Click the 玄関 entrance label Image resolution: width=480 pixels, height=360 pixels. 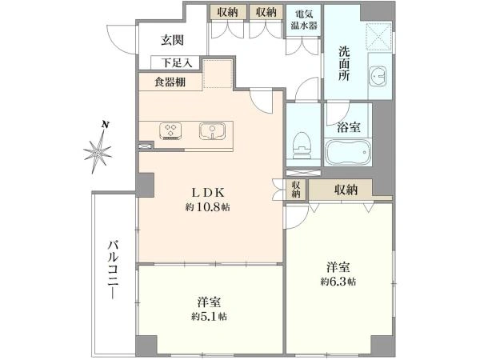[172, 40]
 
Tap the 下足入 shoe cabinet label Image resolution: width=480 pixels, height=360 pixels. [177, 63]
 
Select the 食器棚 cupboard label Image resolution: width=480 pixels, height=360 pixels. [170, 82]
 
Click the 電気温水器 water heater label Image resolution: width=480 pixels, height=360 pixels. [304, 20]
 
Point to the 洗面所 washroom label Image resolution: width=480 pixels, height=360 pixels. [344, 63]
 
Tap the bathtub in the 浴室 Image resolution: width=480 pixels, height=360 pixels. [348, 152]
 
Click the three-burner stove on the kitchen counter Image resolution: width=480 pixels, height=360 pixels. [170, 131]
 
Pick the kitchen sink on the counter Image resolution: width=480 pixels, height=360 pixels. [212, 131]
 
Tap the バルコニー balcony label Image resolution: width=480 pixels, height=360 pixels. [113, 270]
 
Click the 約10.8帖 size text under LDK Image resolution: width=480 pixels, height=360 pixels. [207, 207]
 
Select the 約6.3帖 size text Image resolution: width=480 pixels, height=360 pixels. [338, 282]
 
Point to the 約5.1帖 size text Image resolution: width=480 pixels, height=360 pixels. [209, 316]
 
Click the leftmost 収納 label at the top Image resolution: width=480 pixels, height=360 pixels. [227, 12]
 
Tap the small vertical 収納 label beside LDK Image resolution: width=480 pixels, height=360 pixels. [296, 190]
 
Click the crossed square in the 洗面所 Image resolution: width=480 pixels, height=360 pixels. [378, 36]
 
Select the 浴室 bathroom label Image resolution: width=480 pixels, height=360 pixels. [348, 127]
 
